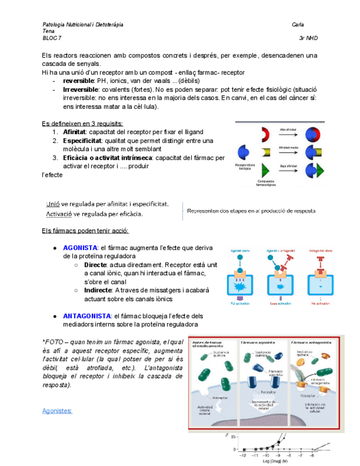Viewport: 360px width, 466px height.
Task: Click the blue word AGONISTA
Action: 80,248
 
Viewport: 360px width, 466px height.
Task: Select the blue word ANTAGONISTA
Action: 86,316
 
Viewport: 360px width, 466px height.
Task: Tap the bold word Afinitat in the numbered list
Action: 75,132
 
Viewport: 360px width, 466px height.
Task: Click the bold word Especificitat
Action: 83,141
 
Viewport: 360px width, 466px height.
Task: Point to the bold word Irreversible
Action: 81,90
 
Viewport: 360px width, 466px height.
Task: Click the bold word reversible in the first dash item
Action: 80,81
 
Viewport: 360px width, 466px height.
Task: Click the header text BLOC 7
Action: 52,38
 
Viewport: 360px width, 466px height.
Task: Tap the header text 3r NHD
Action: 308,38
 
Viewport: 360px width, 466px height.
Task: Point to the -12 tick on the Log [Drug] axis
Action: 242,456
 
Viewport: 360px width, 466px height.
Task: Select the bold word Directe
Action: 96,265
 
